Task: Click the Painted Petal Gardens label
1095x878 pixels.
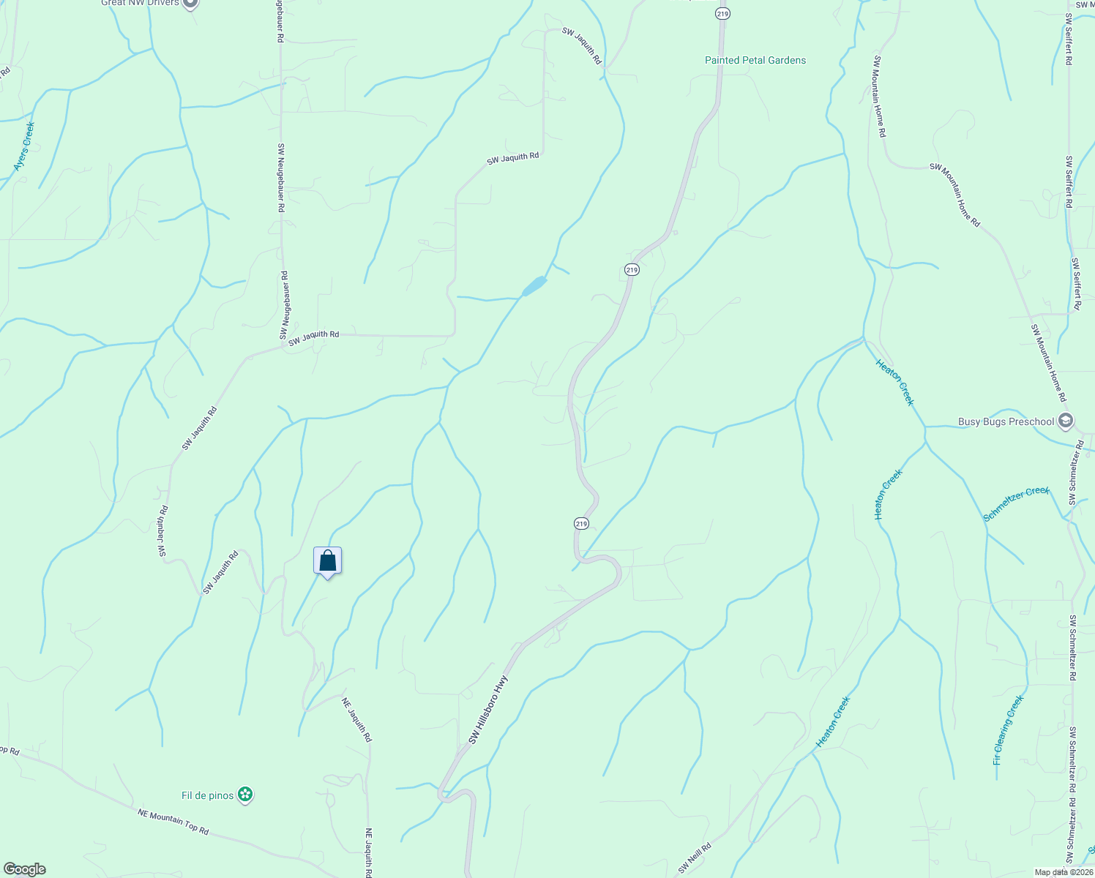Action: point(755,60)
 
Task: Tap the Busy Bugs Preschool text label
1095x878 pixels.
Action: point(1006,421)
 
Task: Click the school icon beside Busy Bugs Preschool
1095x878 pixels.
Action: point(1066,421)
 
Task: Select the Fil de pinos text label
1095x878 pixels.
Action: point(207,795)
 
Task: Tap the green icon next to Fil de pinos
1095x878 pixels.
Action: point(246,795)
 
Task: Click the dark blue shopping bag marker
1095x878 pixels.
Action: point(327,561)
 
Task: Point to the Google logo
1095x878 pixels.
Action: point(24,869)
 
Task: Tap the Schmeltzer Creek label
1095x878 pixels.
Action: point(1016,504)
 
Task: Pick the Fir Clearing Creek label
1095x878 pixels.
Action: point(1008,729)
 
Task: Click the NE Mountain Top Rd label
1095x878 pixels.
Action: point(173,821)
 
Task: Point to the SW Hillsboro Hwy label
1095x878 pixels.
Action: point(487,710)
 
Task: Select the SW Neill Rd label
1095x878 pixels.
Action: point(694,858)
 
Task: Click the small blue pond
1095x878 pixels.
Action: point(534,286)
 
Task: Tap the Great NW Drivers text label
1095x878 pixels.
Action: point(139,3)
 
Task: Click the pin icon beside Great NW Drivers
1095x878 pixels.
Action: point(190,3)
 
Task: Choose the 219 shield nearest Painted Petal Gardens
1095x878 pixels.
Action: point(722,14)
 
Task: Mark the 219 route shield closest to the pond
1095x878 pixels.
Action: point(632,270)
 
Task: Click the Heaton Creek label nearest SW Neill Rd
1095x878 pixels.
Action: point(833,722)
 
